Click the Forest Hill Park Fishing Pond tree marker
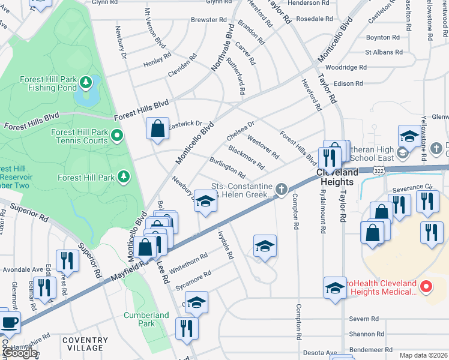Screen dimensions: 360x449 (86, 80)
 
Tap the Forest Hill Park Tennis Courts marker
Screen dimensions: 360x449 (117, 136)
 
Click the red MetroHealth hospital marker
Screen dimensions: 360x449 (426, 287)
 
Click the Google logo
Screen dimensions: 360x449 (19, 353)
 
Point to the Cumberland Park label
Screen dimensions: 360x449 (146, 319)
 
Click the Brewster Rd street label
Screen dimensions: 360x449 (208, 20)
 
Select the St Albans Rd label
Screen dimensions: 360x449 (382, 52)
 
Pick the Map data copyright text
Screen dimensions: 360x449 (423, 355)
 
